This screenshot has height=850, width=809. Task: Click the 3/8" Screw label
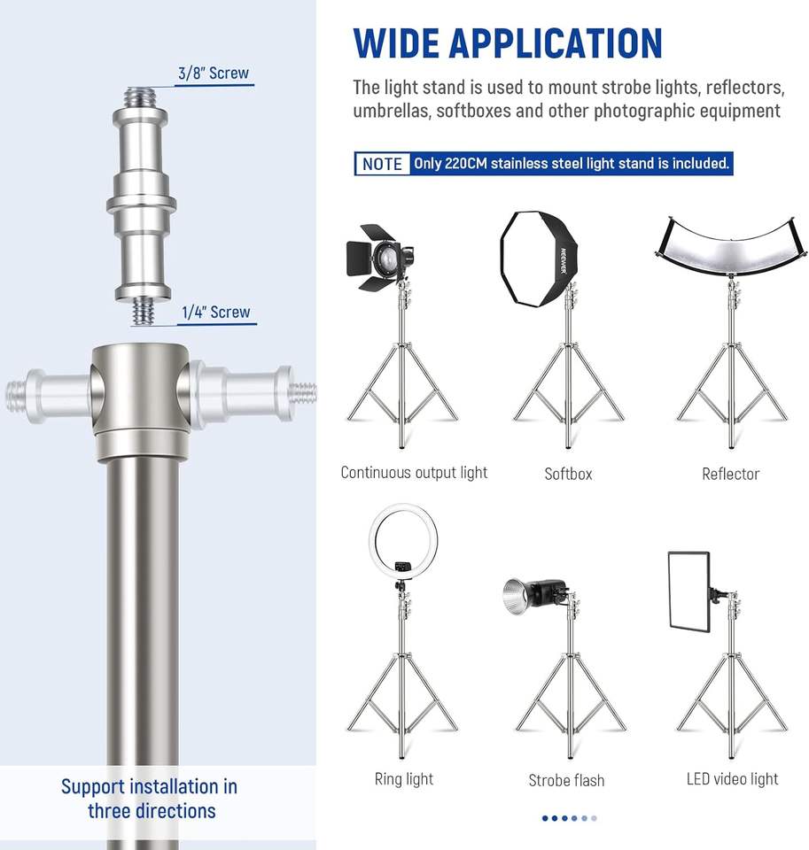[x=214, y=73]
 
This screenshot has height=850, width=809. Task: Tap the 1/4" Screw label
[x=216, y=313]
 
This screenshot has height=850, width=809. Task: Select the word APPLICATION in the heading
[x=556, y=43]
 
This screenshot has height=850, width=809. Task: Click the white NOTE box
[x=382, y=164]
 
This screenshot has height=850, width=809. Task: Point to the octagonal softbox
[x=538, y=259]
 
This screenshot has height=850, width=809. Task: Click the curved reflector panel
[x=730, y=244]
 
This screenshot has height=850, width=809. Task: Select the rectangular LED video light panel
[x=689, y=591]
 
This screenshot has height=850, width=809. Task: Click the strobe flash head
[x=534, y=595]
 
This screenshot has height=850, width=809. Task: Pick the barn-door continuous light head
[x=378, y=257]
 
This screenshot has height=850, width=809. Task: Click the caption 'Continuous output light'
[x=414, y=473]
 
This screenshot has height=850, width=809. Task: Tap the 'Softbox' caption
[x=568, y=475]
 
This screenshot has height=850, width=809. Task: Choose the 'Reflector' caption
[x=730, y=475]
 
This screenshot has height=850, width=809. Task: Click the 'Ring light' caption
[x=404, y=779]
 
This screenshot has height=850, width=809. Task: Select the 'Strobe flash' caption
[x=566, y=781]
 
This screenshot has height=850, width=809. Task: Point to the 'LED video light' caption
[x=732, y=779]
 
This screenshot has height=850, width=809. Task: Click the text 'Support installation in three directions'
[x=150, y=799]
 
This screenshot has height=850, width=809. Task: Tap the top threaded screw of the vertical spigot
[x=141, y=97]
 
